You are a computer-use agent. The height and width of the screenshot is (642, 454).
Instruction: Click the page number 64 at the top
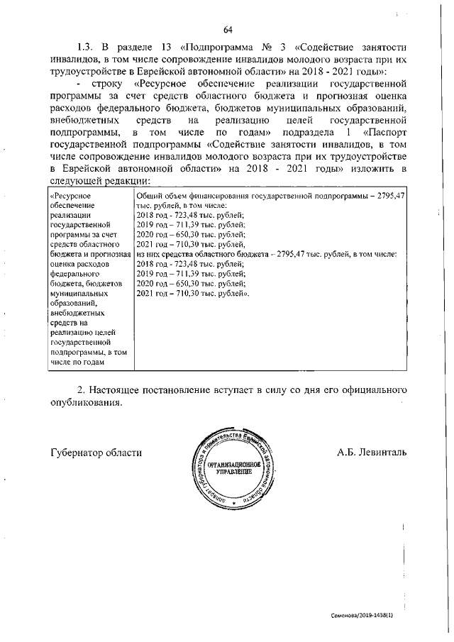228,29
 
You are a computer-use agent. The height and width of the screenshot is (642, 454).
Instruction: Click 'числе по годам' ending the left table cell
77,362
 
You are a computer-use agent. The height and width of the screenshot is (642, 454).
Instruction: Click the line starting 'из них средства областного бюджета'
266,253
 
